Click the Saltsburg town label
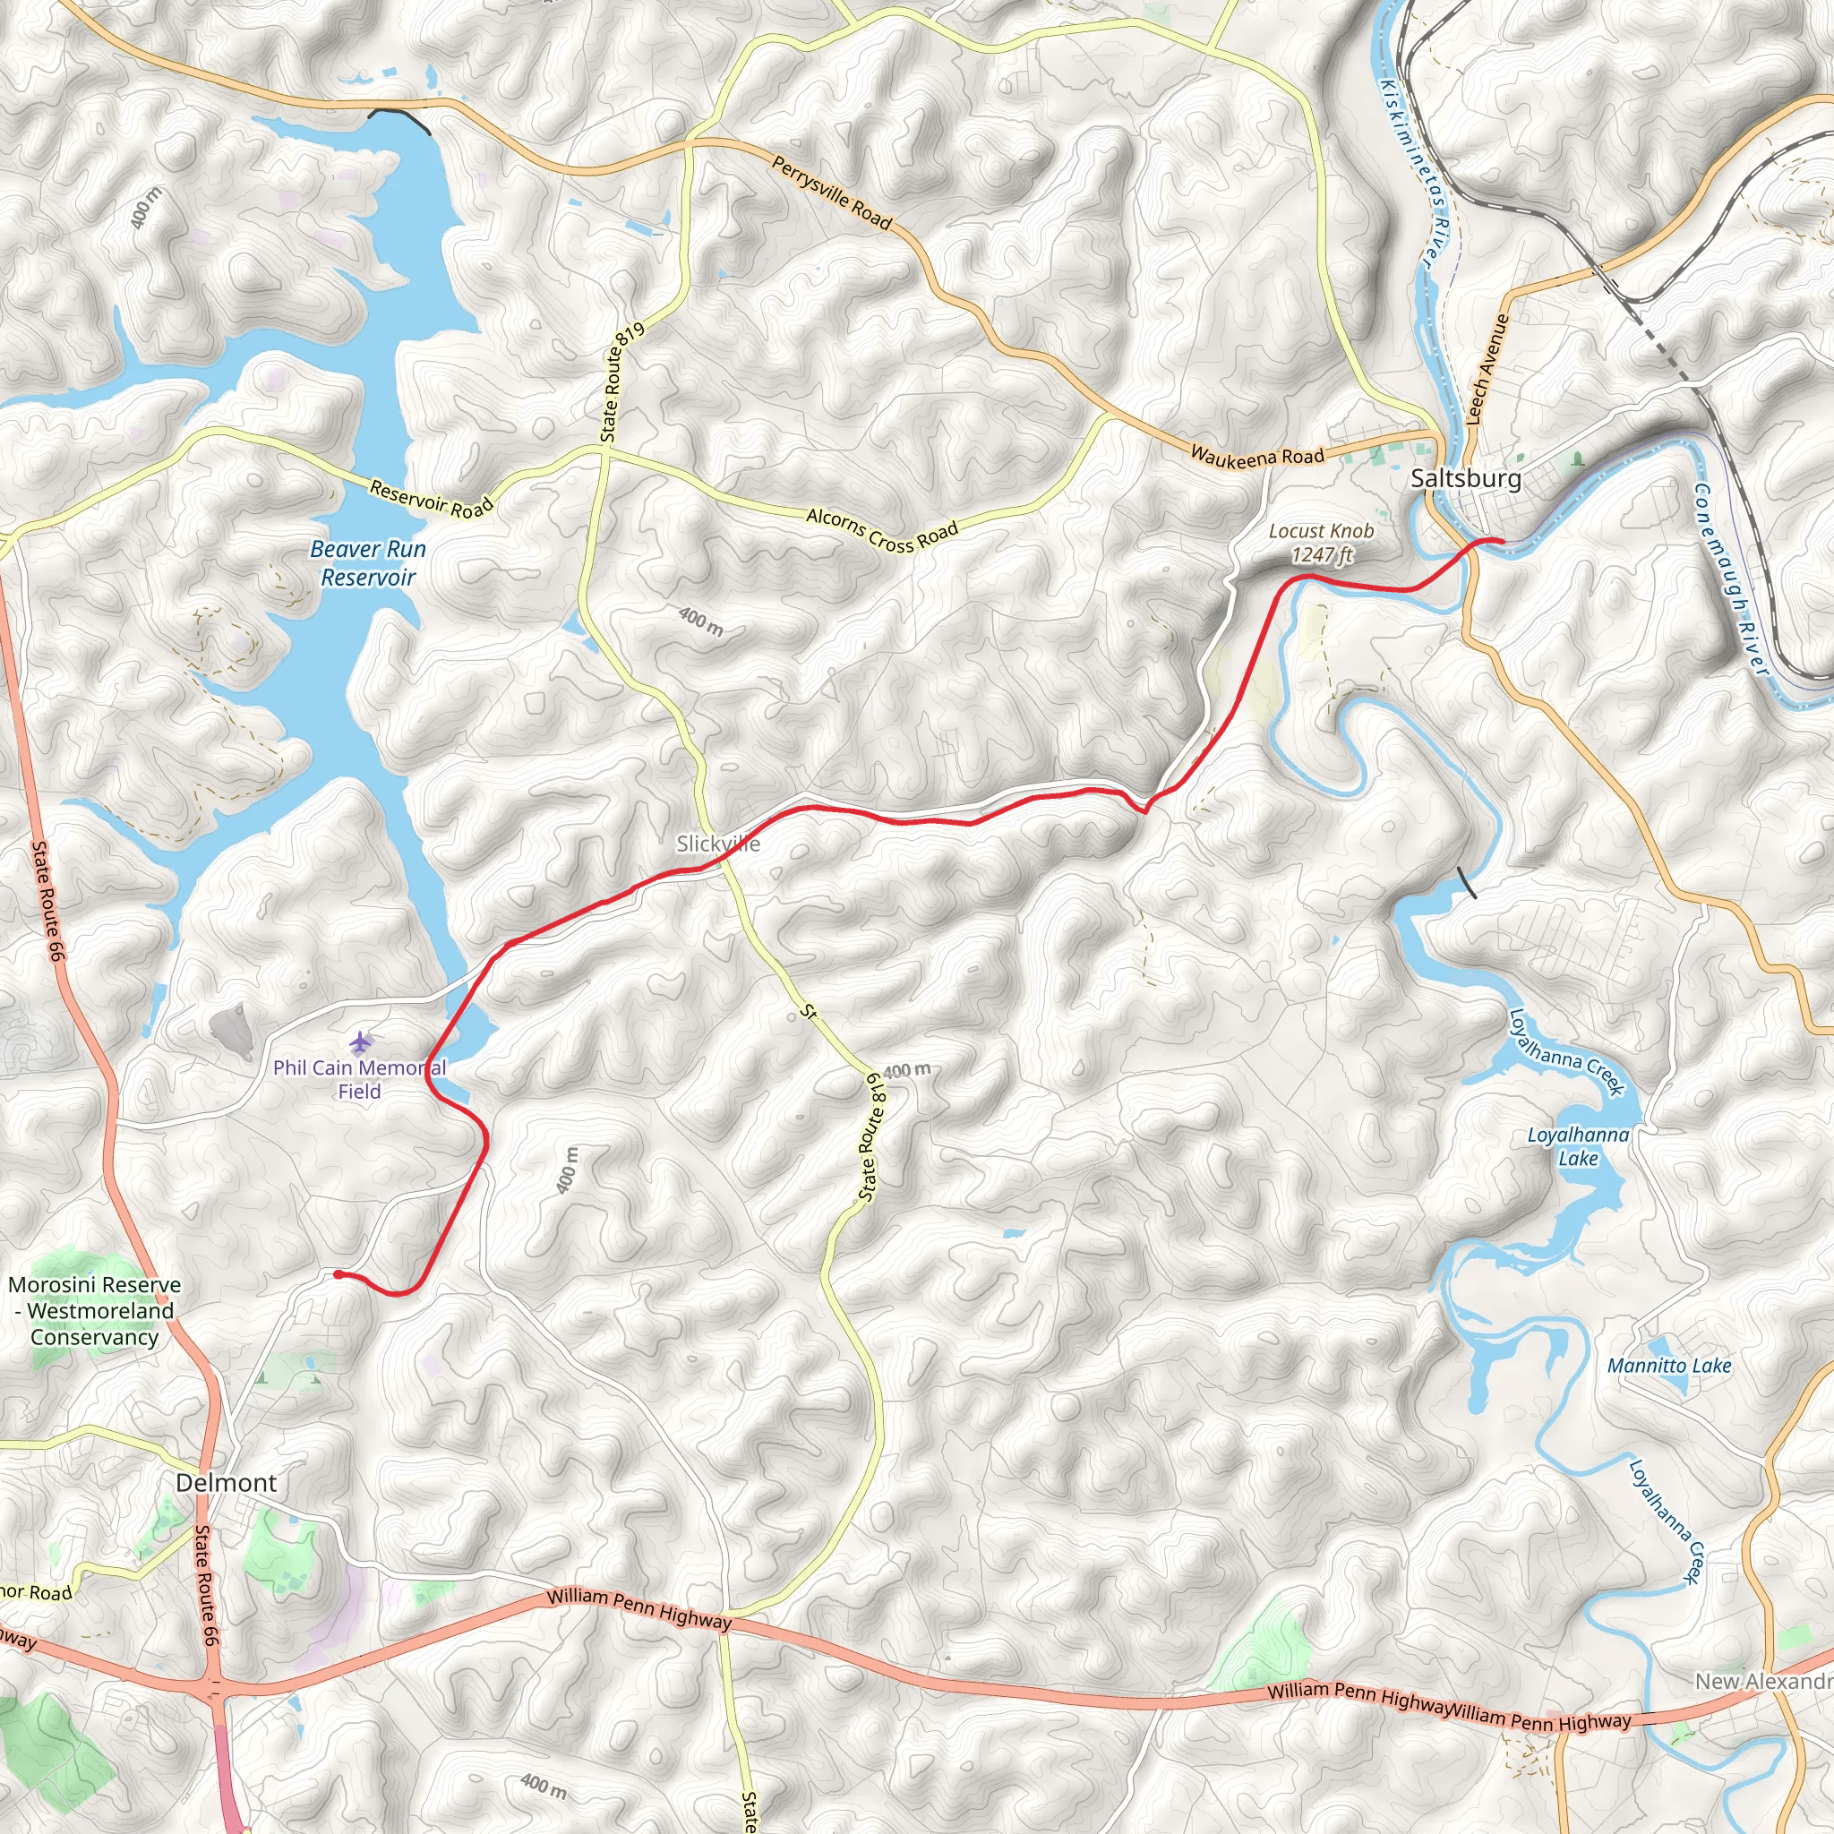pos(1465,478)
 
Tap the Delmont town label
pos(226,1483)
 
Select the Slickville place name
pos(717,844)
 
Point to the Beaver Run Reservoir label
pos(368,563)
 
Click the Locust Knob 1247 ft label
pos(1322,544)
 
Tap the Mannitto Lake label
pos(1669,1366)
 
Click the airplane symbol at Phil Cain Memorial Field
pos(360,1042)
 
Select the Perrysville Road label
pos(832,193)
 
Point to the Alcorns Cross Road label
pos(882,531)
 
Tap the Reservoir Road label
pos(432,500)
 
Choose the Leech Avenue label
pos(1487,368)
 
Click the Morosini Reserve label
pos(94,1311)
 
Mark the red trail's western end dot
pos(338,1275)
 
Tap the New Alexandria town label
pos(1764,1681)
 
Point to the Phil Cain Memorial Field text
pos(360,1079)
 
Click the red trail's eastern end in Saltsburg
pos(1500,541)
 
